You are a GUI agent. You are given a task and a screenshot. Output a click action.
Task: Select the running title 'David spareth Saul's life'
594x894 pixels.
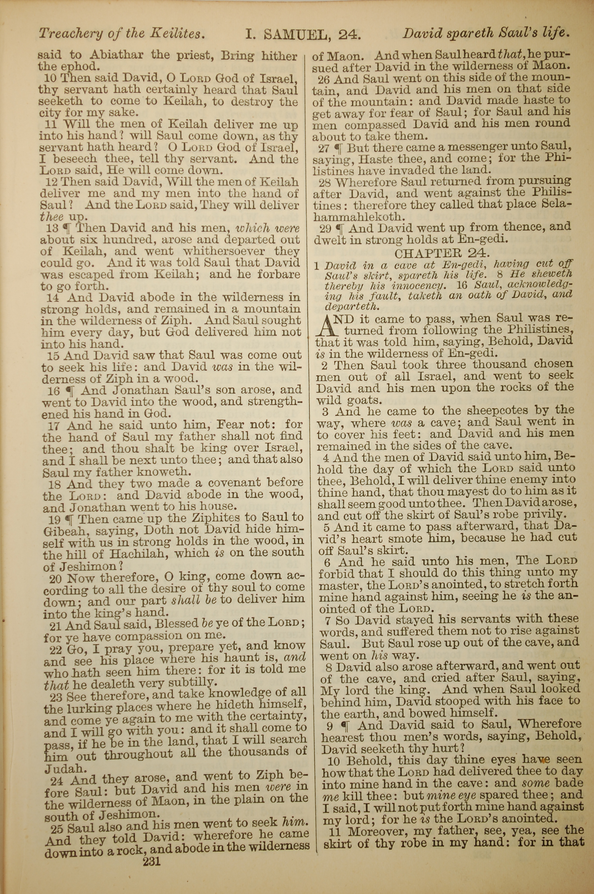click(486, 34)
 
